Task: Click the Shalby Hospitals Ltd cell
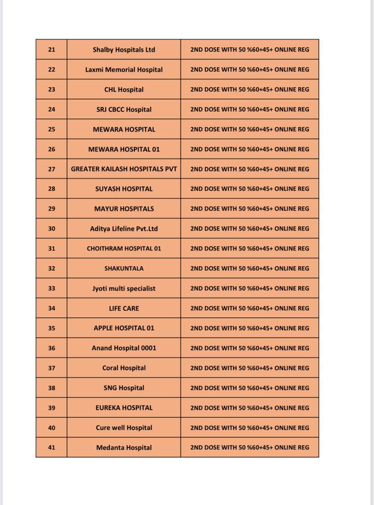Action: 124,50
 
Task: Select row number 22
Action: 52,70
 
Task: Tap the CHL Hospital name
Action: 124,90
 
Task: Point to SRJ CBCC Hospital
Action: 124,109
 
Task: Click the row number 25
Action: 52,129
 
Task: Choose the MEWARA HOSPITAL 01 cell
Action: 124,149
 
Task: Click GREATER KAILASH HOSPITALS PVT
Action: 124,169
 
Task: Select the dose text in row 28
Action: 250,189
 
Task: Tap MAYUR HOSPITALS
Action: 124,209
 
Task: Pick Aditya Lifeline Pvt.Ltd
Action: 124,229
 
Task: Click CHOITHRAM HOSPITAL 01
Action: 124,249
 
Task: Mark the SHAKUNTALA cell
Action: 124,268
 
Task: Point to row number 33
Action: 52,289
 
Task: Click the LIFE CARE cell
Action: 124,308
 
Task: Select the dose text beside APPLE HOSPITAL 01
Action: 250,328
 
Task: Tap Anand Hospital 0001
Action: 124,348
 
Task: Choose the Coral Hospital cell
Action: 124,368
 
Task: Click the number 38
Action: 52,388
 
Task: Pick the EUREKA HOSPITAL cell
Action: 124,408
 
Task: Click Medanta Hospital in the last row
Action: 124,448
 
